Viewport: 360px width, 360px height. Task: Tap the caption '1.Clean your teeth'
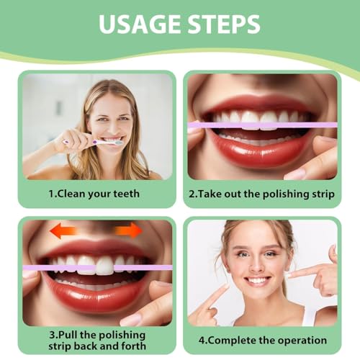coord(94,193)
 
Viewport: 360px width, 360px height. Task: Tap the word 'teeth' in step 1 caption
coord(125,193)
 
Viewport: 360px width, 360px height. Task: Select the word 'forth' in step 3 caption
coord(130,346)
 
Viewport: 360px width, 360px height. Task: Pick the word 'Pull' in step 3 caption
coord(68,334)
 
